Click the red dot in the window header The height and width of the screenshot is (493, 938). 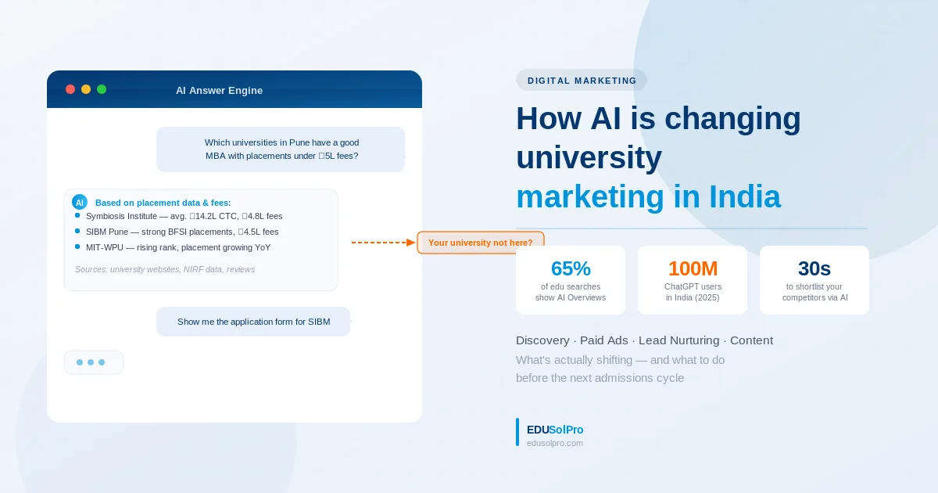pyautogui.click(x=70, y=89)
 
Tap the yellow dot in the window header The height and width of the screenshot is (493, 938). pyautogui.click(x=86, y=89)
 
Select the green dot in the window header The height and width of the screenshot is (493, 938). pyautogui.click(x=102, y=89)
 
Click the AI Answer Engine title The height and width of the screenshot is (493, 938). pyautogui.click(x=219, y=91)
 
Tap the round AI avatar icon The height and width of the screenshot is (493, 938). pyautogui.click(x=80, y=202)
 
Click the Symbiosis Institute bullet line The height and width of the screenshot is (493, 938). pyautogui.click(x=184, y=216)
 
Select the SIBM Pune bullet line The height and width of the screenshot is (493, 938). pyautogui.click(x=181, y=232)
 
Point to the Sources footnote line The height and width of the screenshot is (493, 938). pyautogui.click(x=165, y=269)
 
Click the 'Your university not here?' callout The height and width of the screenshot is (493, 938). pyautogui.click(x=480, y=243)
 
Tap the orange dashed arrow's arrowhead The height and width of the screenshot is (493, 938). pyautogui.click(x=411, y=243)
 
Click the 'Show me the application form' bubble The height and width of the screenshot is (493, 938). pyautogui.click(x=253, y=322)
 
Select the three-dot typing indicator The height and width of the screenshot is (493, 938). pyautogui.click(x=91, y=362)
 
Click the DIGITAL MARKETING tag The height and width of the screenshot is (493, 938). pyautogui.click(x=582, y=80)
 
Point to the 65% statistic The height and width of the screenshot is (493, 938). pyautogui.click(x=571, y=268)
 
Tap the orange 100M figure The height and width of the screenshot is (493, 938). pyautogui.click(x=693, y=268)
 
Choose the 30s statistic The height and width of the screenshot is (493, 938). pyautogui.click(x=814, y=268)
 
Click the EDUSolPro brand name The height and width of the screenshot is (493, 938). pyautogui.click(x=555, y=430)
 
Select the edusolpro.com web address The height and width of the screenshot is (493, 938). pyautogui.click(x=555, y=443)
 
